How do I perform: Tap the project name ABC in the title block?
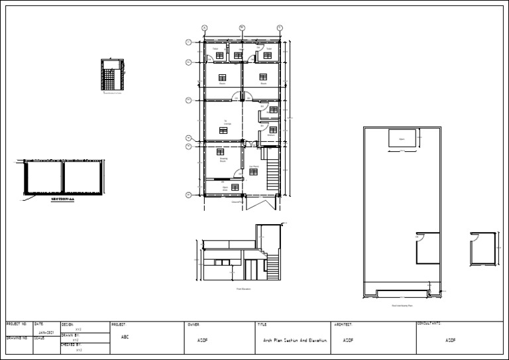[125, 337]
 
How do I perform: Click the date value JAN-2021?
[46, 332]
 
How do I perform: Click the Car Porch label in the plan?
[253, 166]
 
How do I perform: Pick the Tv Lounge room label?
[226, 123]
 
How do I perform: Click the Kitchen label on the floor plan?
[271, 135]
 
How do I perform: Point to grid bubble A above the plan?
[204, 28]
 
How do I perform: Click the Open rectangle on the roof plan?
[401, 139]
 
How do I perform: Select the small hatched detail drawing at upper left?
[112, 76]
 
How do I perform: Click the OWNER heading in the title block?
[194, 325]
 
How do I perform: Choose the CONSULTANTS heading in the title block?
[429, 324]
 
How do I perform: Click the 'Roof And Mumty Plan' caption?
[402, 306]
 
